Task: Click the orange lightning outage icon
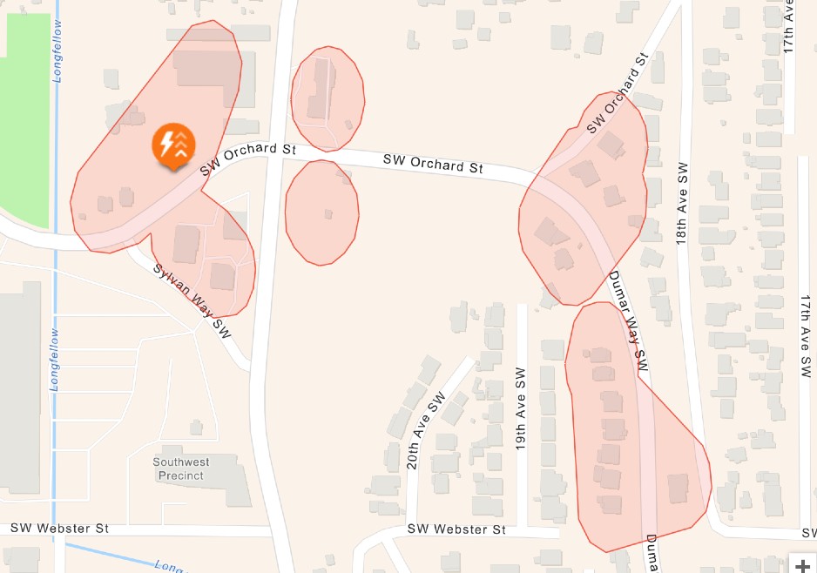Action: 174,145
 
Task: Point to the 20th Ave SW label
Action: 425,430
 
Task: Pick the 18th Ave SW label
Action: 683,203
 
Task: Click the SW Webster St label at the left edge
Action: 59,528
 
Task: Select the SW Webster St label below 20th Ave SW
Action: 456,529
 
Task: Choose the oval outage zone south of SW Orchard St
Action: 321,212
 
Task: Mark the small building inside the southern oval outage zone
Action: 327,213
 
